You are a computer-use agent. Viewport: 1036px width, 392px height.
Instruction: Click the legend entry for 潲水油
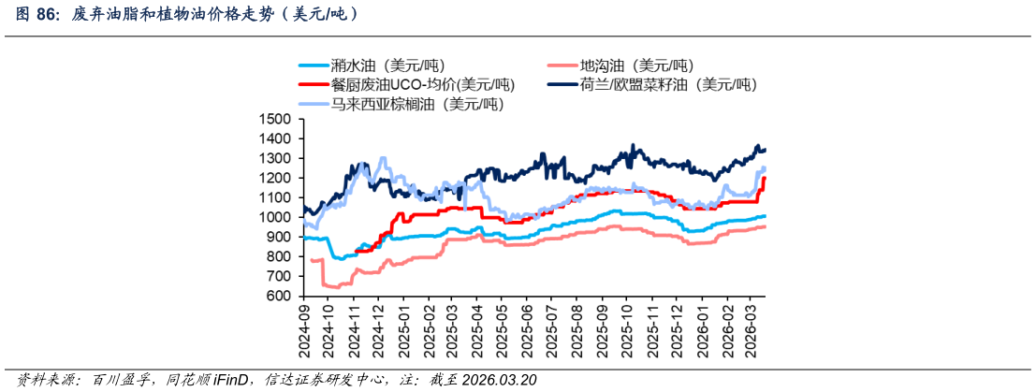[x=372, y=65]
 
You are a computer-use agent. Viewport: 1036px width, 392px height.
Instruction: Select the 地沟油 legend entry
[x=621, y=65]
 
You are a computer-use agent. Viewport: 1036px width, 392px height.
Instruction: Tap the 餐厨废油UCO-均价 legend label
[x=406, y=84]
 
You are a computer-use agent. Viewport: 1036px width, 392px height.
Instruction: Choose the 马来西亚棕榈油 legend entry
[x=399, y=104]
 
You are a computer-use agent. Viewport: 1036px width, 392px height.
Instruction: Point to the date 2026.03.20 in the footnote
[x=500, y=380]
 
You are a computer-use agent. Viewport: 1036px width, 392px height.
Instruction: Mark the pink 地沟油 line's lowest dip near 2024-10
[x=337, y=287]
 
